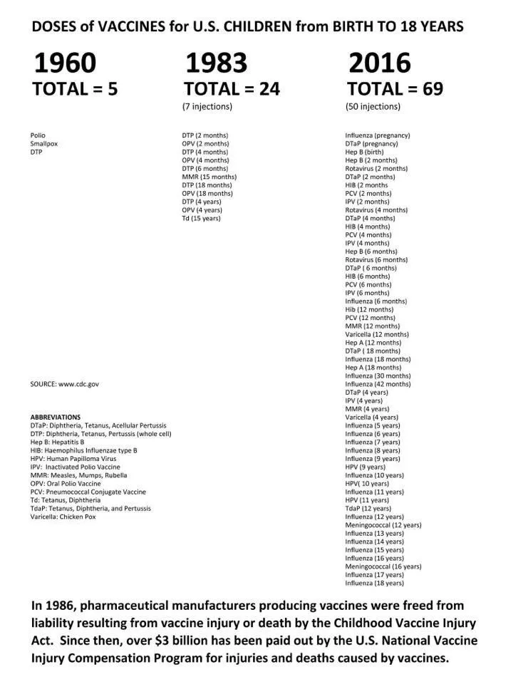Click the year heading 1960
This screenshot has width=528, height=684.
64,63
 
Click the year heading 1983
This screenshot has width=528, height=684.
216,63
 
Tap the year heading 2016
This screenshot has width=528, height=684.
379,63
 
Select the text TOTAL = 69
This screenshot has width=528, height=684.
395,89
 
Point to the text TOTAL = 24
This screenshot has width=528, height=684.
232,89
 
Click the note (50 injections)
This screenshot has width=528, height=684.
373,107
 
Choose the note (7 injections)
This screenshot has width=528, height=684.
207,107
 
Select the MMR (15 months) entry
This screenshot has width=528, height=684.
209,177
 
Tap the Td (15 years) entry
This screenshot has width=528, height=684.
202,218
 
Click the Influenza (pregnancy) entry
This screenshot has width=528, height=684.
378,135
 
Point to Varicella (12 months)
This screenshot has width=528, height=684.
377,334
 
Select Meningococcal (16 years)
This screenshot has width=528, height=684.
383,566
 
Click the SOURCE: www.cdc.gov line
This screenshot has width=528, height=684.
65,384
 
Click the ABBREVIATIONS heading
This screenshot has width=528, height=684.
56,417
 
